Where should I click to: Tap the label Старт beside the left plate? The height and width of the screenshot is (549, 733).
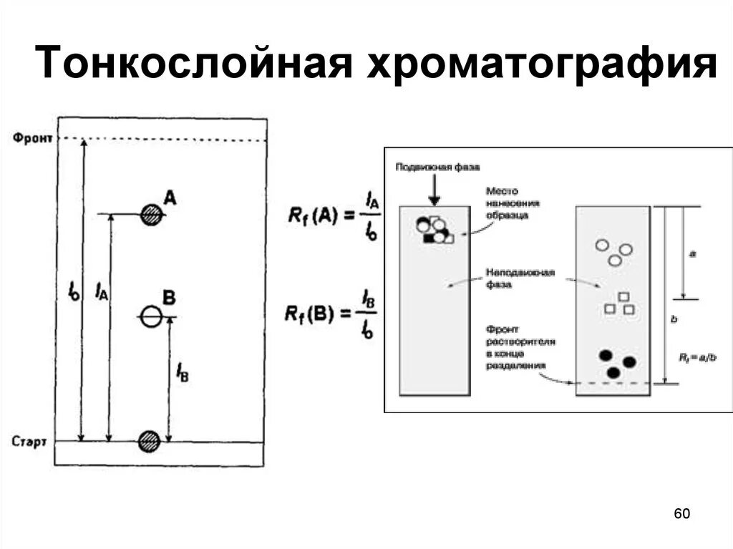(x=29, y=441)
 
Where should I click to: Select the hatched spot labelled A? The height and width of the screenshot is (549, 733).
(x=150, y=214)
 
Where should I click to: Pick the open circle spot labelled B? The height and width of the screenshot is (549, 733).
(x=150, y=316)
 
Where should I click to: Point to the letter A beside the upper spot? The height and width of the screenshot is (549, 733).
(x=169, y=197)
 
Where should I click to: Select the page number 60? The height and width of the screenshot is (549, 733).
(x=681, y=514)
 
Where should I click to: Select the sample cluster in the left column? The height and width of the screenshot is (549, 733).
(x=435, y=229)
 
